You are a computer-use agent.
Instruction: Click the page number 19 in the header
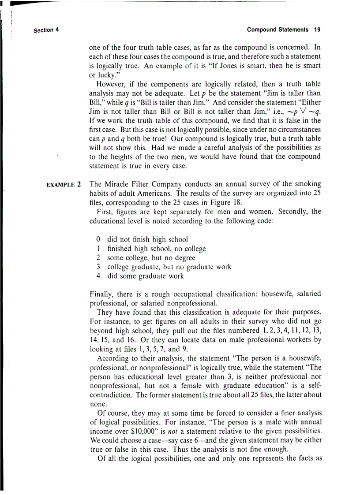coord(317,30)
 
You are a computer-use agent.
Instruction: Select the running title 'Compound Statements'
coord(277,30)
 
